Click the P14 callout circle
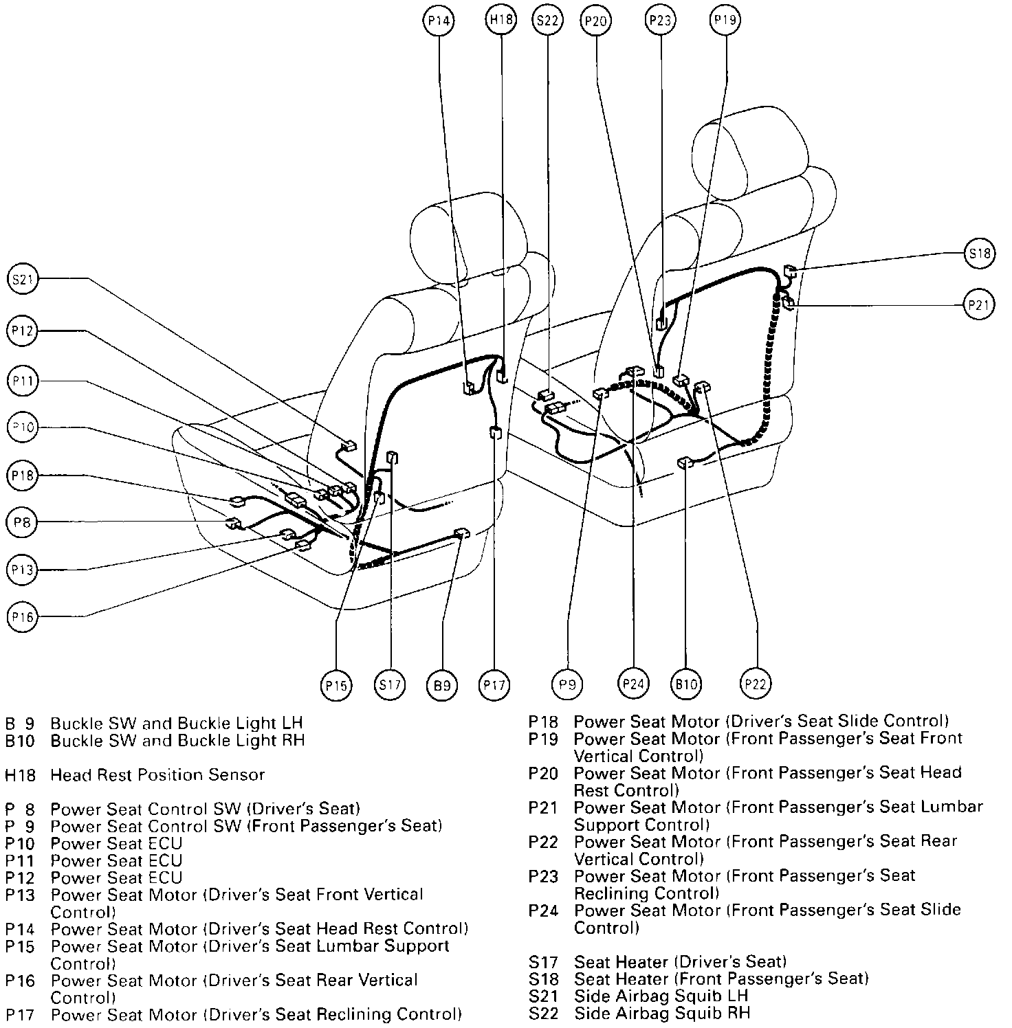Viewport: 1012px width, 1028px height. (439, 21)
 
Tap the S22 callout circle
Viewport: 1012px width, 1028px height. (547, 21)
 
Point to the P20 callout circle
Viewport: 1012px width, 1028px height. (595, 21)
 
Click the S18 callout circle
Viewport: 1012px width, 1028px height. (979, 254)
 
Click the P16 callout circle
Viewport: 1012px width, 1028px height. (23, 617)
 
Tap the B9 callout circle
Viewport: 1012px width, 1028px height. (443, 684)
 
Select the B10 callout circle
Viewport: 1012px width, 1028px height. (686, 684)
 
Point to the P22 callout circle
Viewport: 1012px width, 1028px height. (756, 683)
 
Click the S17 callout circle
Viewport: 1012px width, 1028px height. (390, 684)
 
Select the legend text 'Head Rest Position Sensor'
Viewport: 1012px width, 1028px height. (157, 775)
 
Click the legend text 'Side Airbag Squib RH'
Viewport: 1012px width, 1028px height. (662, 1013)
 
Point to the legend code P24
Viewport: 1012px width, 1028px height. (542, 910)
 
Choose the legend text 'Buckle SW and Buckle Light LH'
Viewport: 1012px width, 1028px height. (177, 724)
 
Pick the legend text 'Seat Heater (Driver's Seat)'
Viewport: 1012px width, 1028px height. (680, 961)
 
